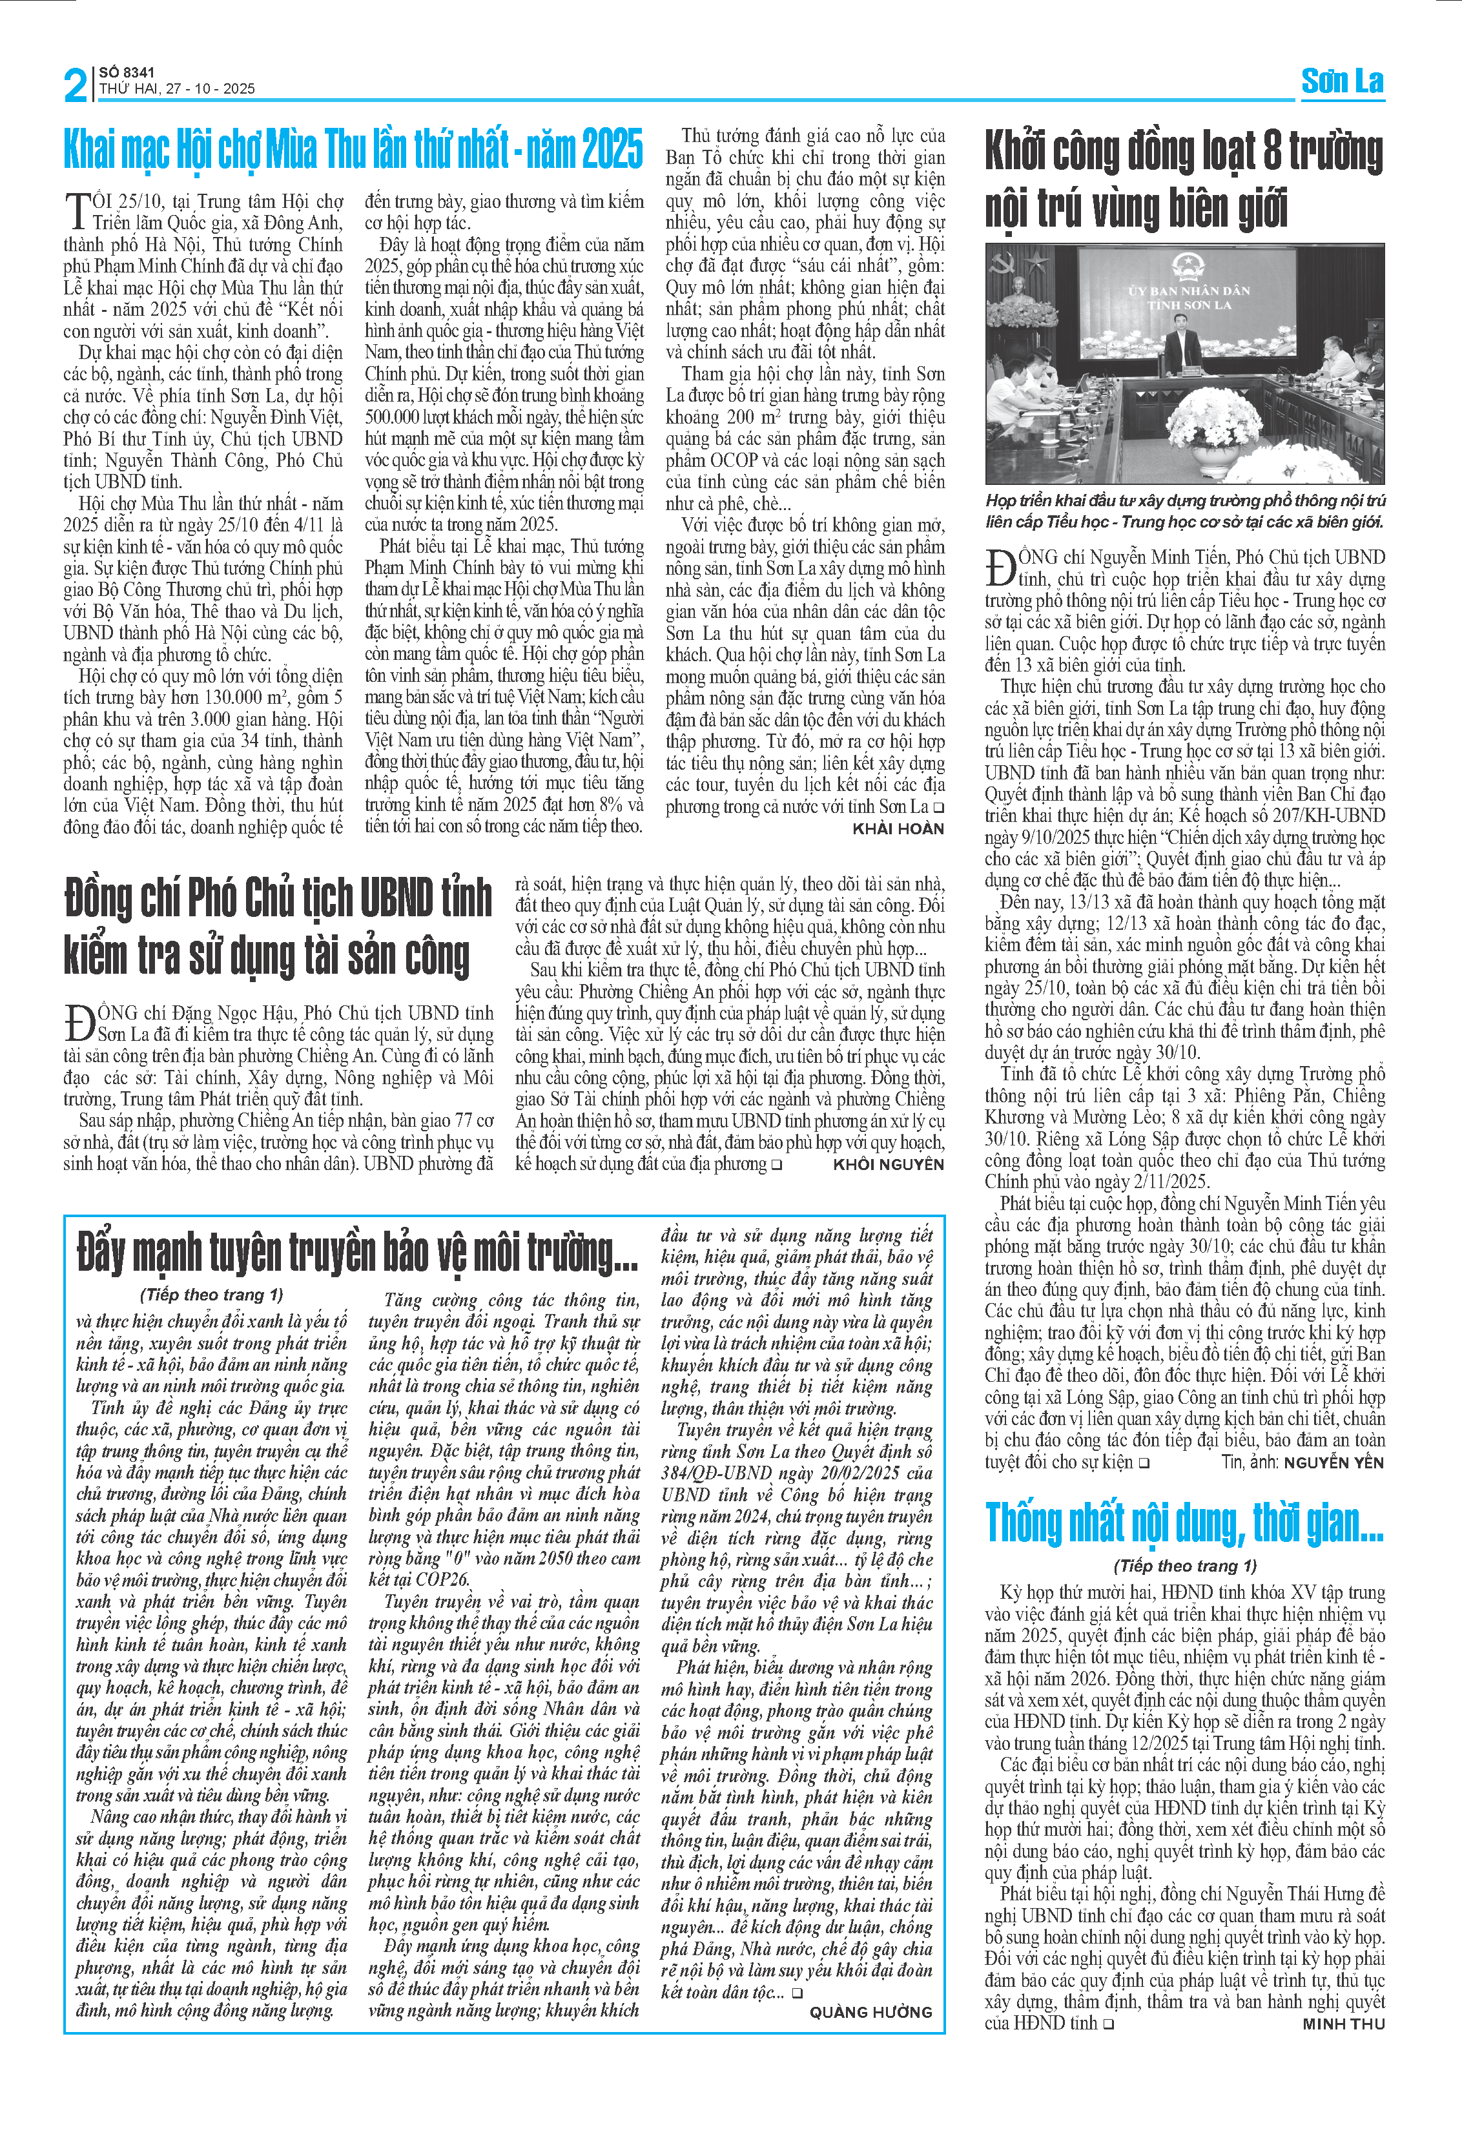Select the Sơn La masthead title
point(1342,82)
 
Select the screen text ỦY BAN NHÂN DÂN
point(1189,291)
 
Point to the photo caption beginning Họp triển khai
point(1184,511)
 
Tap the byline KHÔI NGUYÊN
point(888,1164)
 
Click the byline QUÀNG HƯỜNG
point(870,2012)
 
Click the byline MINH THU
point(1343,2024)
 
